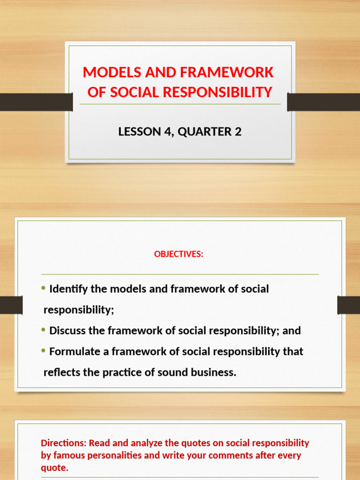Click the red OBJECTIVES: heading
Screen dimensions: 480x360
point(179,254)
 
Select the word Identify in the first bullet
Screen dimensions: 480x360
point(68,289)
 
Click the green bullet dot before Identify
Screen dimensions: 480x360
point(44,288)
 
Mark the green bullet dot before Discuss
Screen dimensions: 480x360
point(44,330)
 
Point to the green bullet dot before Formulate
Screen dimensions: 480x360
point(44,351)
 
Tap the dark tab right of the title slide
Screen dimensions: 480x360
point(323,102)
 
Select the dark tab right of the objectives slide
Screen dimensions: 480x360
point(348,305)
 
